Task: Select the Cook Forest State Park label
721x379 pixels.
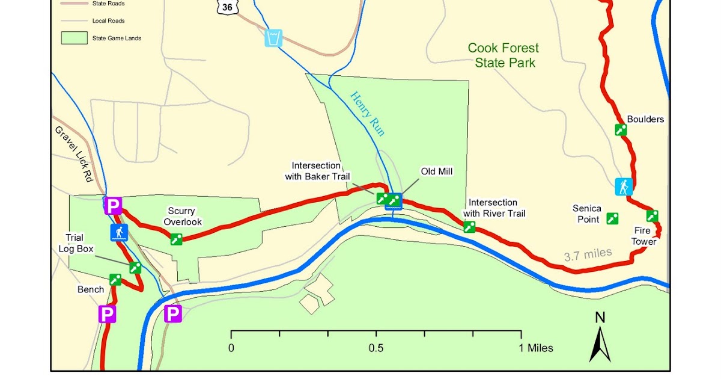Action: click(x=503, y=55)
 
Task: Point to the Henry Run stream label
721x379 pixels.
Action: click(x=367, y=113)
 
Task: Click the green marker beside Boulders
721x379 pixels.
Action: click(x=621, y=129)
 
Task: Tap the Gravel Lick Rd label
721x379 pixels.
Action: click(x=78, y=155)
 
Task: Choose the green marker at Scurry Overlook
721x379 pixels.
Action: click(x=176, y=239)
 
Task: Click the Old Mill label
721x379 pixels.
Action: click(x=436, y=171)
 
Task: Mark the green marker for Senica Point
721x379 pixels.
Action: click(x=613, y=218)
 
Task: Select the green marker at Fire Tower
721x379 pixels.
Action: click(x=652, y=215)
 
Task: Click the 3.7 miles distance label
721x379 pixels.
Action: click(x=588, y=255)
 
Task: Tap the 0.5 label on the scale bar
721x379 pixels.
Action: click(x=376, y=348)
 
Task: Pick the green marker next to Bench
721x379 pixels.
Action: click(x=115, y=279)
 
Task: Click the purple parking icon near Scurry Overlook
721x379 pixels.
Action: click(x=113, y=206)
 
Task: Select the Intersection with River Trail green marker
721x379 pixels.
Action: click(x=469, y=227)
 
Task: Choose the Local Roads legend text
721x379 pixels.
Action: click(x=108, y=20)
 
